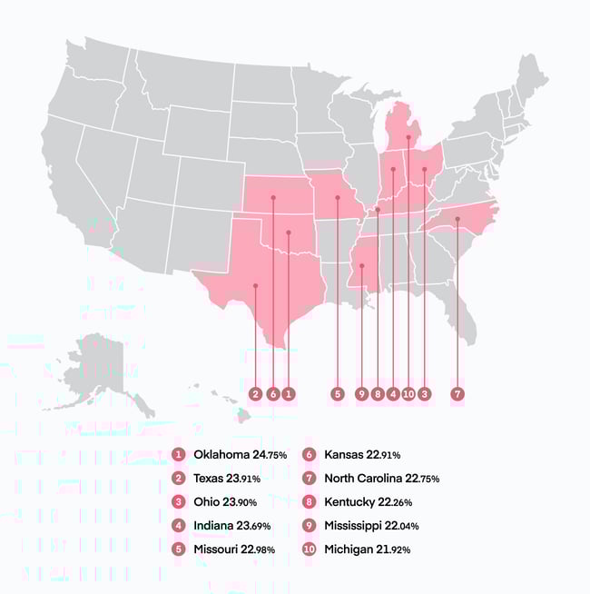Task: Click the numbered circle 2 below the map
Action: coord(256,394)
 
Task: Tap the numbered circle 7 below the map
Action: coord(457,394)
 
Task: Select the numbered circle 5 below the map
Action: coord(338,394)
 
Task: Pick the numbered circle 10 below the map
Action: coord(408,394)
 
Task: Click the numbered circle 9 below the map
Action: coord(361,394)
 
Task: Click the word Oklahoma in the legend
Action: coord(222,454)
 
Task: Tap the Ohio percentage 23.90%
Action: coord(244,502)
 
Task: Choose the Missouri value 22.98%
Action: coord(260,549)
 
